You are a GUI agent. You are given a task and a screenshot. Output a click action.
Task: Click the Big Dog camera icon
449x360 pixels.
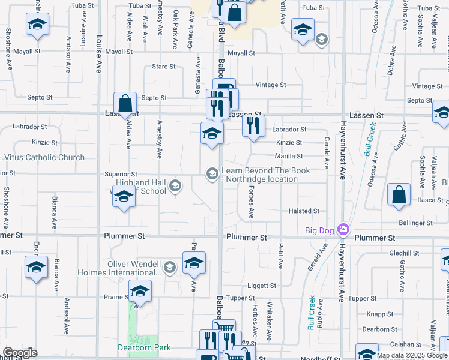pos(343,229)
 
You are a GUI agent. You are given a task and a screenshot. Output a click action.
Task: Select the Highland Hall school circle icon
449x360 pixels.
pos(175,185)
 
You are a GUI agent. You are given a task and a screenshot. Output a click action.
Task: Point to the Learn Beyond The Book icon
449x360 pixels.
pos(212,174)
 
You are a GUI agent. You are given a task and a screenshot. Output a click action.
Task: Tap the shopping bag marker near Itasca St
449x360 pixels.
pos(399,195)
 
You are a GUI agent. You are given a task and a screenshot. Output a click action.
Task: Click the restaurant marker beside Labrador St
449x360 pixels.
pos(253,126)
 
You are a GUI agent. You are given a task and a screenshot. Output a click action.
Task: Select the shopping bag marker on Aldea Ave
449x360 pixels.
pos(125,104)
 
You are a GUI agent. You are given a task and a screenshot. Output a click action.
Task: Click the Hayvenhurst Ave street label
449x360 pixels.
pos(343,150)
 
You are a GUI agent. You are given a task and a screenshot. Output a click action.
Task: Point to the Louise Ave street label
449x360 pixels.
pos(98,36)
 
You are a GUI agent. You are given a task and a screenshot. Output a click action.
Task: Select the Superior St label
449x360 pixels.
pos(121,174)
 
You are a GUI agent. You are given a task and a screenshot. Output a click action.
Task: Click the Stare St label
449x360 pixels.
pos(164,67)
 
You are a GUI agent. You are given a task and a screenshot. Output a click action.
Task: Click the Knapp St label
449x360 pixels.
pos(379,314)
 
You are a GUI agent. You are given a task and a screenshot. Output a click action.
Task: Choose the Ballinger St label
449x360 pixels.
pos(417,223)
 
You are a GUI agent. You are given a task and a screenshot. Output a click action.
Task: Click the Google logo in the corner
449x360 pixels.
pos(20,353)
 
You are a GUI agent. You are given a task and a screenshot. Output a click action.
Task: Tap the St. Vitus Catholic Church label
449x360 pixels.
pos(44,158)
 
